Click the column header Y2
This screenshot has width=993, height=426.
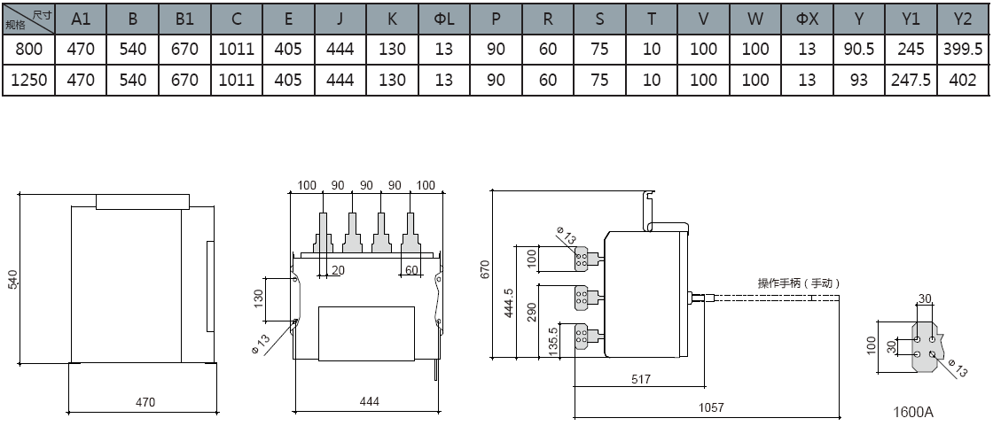[962, 19]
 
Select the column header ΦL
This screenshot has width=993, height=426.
[444, 19]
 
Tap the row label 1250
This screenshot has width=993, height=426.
[27, 80]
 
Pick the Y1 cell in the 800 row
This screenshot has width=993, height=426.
[911, 50]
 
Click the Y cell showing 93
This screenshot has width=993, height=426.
[858, 80]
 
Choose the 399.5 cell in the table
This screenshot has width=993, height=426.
[962, 50]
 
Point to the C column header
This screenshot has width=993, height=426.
[236, 19]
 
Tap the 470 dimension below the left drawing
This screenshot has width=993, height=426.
[145, 402]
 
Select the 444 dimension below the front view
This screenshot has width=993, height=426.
[369, 402]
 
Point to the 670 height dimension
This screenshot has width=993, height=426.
[484, 268]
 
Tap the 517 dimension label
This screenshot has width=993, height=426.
[640, 379]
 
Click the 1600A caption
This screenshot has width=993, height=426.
[913, 412]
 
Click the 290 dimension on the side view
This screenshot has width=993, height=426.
[531, 314]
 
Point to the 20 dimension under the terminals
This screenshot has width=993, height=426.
[338, 270]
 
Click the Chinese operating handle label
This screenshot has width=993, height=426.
[798, 283]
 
